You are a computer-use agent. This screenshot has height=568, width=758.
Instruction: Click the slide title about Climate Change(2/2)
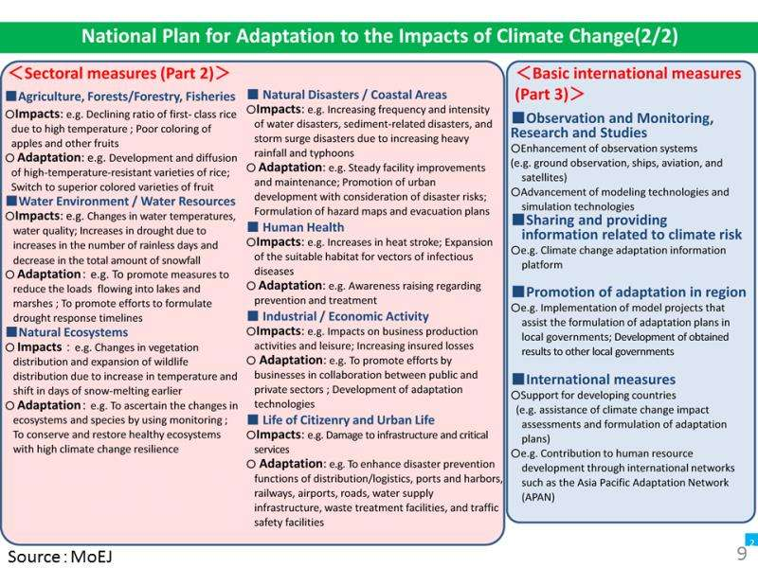(379, 39)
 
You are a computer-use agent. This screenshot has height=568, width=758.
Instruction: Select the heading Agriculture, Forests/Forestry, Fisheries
(125, 97)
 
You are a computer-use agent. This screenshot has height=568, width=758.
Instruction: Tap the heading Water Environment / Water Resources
(125, 202)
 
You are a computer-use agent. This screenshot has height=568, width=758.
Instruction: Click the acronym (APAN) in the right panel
(538, 496)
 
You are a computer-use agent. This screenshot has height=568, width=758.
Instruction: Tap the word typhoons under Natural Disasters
(345, 152)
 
